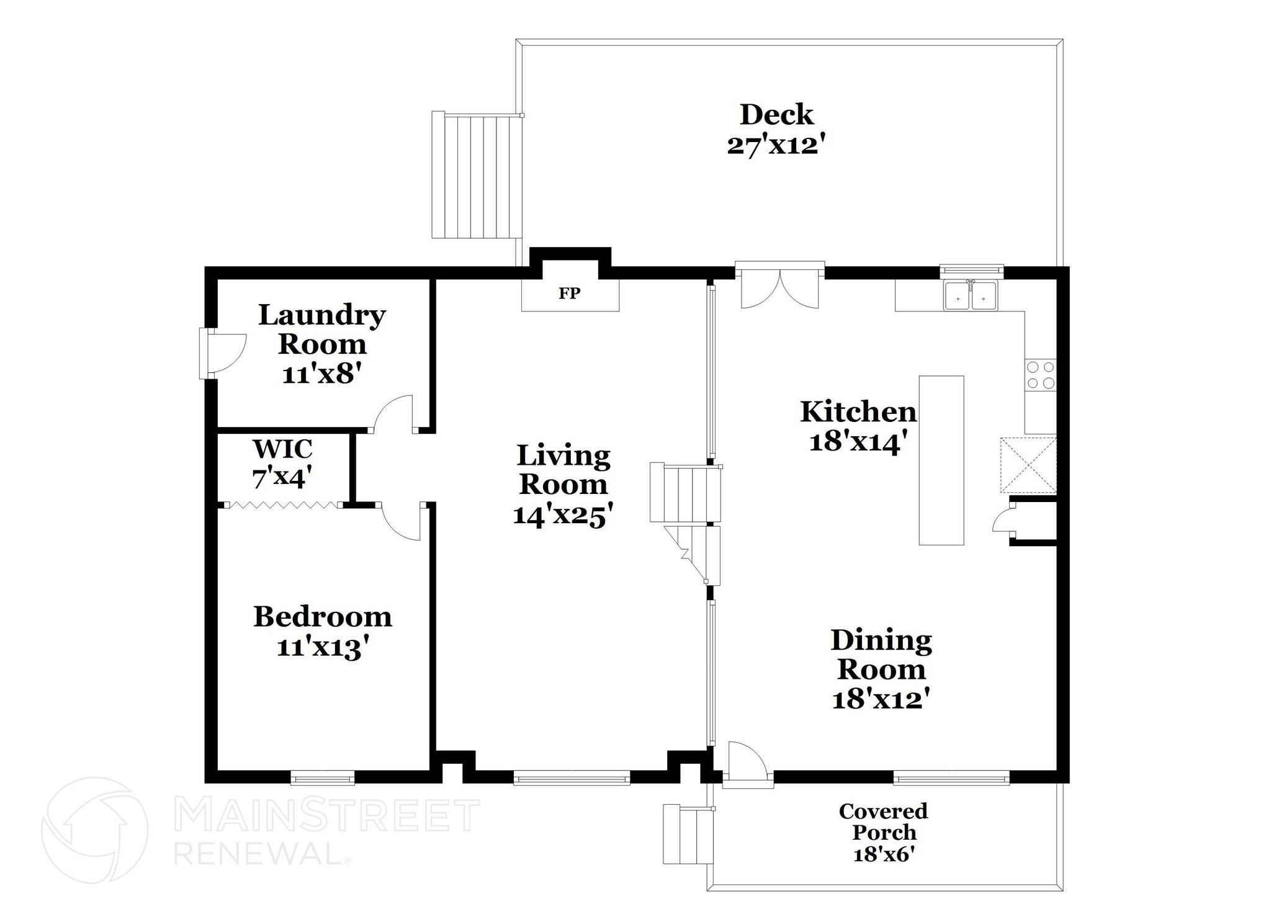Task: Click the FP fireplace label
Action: [x=569, y=294]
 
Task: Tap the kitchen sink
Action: [x=971, y=295]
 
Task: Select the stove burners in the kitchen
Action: [x=1040, y=375]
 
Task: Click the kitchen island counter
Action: [x=941, y=460]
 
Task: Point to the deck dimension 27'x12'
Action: [x=776, y=146]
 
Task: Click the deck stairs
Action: [x=475, y=176]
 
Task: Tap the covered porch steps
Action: [x=687, y=834]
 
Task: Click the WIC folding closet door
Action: [x=283, y=505]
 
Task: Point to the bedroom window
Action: [x=323, y=777]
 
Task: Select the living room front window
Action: [x=572, y=777]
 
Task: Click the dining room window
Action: [x=951, y=777]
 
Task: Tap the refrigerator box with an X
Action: [x=1028, y=465]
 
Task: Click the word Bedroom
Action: [x=323, y=617]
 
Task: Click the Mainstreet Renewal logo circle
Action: [x=94, y=830]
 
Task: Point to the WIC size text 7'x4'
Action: [x=282, y=478]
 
